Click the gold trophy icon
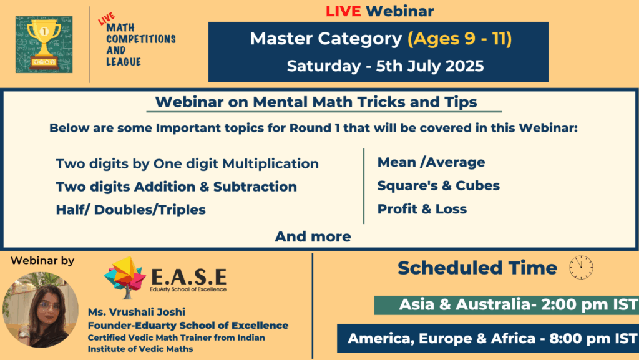44,44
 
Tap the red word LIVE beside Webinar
343,11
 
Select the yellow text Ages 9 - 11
460,39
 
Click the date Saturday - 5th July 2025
385,66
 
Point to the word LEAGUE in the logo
124,62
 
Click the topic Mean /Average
431,162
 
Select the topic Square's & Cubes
439,185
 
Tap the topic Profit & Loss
422,208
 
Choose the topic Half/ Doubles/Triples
131,210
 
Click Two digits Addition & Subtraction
177,187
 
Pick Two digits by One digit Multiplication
187,163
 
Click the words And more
313,236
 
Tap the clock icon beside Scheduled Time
581,268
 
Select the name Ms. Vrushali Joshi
137,312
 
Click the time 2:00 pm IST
589,304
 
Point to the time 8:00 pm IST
593,338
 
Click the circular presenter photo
41,310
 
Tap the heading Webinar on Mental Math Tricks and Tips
316,102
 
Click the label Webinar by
42,261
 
